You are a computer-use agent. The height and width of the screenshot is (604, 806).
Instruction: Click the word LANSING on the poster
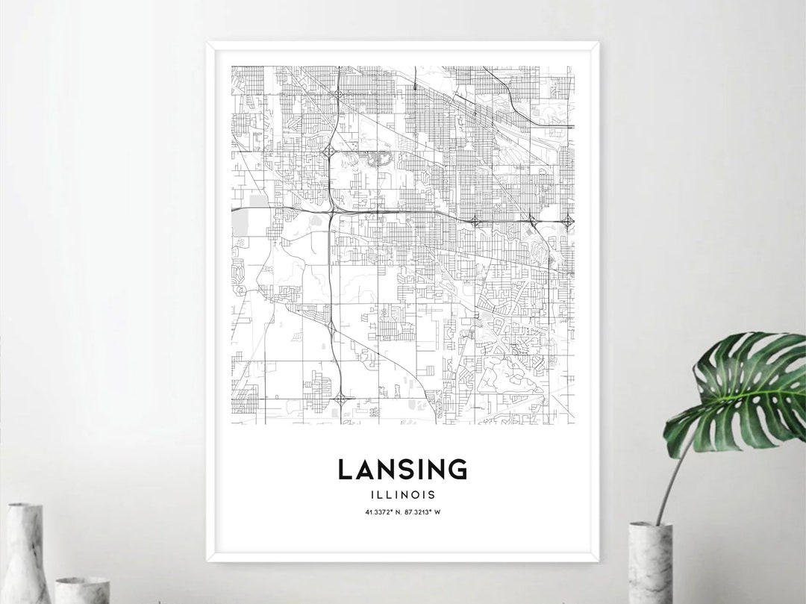402,470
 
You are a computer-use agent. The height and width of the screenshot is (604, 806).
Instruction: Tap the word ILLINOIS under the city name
402,494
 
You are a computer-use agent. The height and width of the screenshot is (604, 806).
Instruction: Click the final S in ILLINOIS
433,494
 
